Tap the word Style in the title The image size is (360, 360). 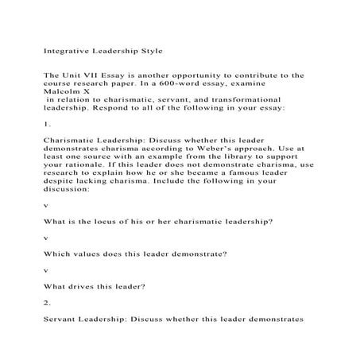(148, 51)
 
